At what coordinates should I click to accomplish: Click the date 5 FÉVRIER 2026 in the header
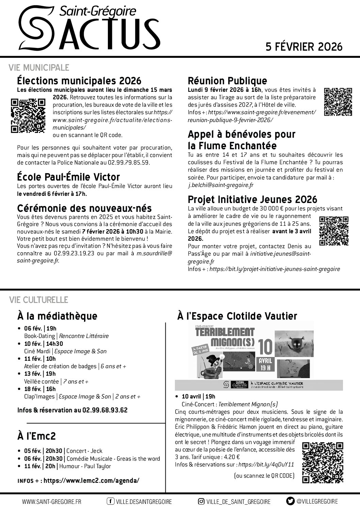[304, 47]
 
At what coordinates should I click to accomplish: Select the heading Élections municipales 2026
[79, 81]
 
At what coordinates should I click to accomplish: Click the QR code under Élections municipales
[28, 115]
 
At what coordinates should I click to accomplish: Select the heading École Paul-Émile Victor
[68, 177]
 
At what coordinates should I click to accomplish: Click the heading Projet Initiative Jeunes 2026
[252, 199]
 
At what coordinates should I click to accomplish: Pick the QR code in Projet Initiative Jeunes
[334, 231]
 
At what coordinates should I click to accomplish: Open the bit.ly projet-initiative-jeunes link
[275, 269]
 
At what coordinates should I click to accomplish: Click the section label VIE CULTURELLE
[38, 300]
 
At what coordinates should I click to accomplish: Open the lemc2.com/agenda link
[91, 480]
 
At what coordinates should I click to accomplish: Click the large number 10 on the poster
[266, 347]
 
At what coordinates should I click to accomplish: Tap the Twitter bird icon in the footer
[290, 501]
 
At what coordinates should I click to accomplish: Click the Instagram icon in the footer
[201, 501]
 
